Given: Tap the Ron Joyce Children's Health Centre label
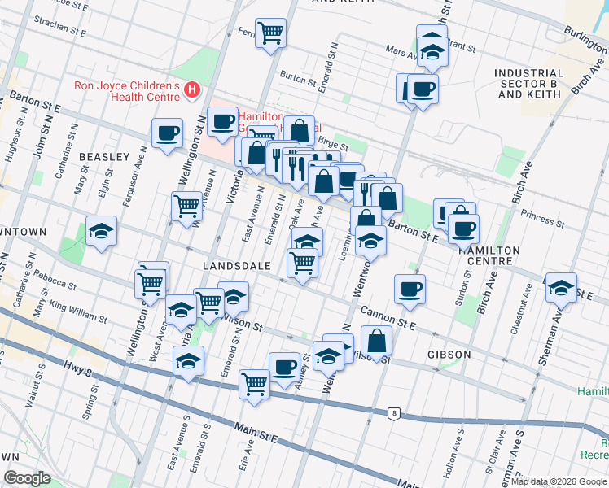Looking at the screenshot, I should point(126,90).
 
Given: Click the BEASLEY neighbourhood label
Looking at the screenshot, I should point(104,156).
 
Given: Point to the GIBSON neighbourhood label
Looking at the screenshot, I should point(449,355).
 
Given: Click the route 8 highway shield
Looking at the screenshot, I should point(394,413).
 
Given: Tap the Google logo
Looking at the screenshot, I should point(27,478).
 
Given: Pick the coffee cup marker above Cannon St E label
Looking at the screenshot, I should point(410,288).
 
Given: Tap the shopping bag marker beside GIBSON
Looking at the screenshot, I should point(376,340).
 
